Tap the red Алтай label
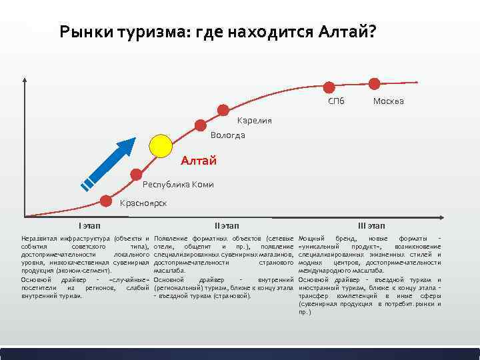pos(199,161)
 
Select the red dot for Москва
pos(374,83)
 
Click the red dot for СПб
pos(329,87)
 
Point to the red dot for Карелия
pos(223,109)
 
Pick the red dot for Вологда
pos(201,124)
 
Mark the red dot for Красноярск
pos(106,200)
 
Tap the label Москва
pos(388,102)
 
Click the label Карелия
pos(255,121)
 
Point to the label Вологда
pos(227,135)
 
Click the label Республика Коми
pos(178,185)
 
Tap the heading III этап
pos(371,225)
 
